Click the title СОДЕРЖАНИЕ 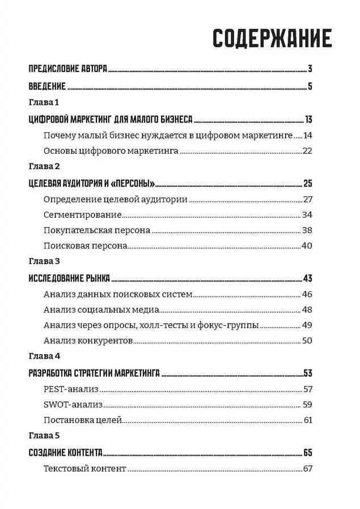273,38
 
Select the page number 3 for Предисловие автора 311,70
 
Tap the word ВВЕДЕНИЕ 48,87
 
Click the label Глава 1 44,103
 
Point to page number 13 308,119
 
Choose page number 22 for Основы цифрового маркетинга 308,151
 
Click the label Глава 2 44,167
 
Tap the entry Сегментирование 83,215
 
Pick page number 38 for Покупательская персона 308,231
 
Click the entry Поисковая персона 85,246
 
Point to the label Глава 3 44,262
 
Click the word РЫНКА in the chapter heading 96,279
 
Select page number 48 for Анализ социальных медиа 308,310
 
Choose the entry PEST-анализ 71,389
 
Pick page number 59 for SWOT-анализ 308,405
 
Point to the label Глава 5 44,436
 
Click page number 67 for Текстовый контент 308,469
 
